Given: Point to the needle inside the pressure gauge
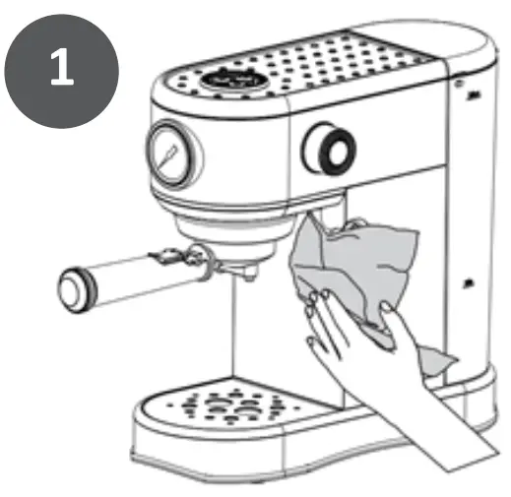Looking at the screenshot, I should [169, 153].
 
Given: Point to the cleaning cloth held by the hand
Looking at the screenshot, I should [364, 266].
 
